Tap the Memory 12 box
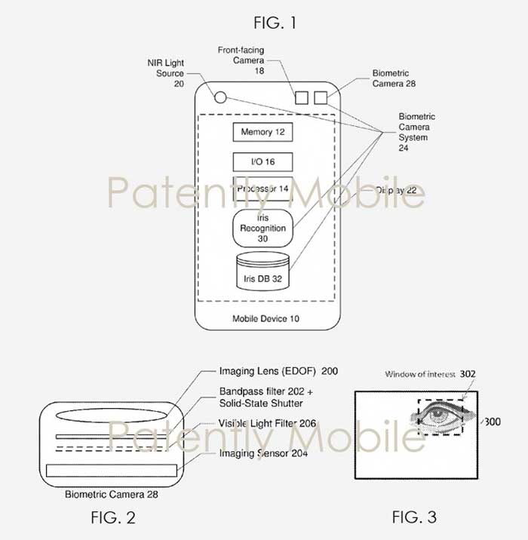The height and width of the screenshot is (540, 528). click(x=262, y=132)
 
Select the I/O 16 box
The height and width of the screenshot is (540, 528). click(x=262, y=162)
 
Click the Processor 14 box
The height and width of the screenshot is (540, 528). click(x=262, y=189)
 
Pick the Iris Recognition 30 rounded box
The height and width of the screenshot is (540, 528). click(x=262, y=228)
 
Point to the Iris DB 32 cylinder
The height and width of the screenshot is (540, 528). click(x=262, y=271)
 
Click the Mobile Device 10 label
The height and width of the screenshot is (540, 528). click(x=266, y=318)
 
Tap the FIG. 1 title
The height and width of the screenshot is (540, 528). click(x=275, y=23)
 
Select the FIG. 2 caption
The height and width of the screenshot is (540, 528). click(x=113, y=517)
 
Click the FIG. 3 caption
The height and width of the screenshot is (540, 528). click(x=414, y=517)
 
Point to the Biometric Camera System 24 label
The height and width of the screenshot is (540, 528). click(x=417, y=132)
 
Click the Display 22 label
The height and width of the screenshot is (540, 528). click(x=396, y=190)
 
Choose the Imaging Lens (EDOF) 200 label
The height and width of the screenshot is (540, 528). click(x=278, y=371)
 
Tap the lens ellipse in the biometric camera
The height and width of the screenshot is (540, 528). click(x=111, y=416)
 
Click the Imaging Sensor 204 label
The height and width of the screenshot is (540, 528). click(x=263, y=453)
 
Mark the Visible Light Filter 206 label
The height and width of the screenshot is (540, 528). click(x=267, y=423)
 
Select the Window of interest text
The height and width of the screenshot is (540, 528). click(x=420, y=374)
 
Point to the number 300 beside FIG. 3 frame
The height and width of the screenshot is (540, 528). click(x=493, y=422)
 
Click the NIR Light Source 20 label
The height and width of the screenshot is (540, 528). click(x=166, y=73)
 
